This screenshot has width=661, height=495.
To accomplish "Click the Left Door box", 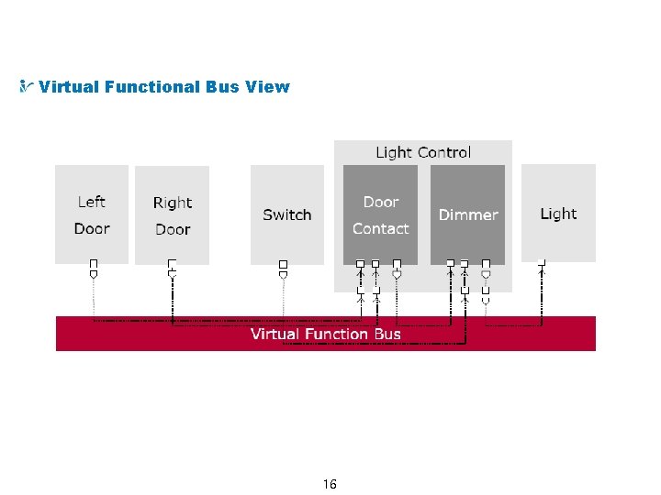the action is click(x=92, y=214).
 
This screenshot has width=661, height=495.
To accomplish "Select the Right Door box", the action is click(x=172, y=215).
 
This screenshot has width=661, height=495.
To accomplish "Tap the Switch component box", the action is click(x=287, y=214).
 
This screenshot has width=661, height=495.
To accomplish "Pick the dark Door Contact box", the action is click(x=380, y=214).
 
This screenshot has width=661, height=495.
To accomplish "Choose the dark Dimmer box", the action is click(x=467, y=214).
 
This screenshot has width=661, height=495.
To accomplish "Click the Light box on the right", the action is click(x=558, y=214).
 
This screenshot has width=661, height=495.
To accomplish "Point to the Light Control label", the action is click(x=423, y=152).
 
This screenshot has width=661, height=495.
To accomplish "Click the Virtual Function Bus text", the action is click(x=326, y=334).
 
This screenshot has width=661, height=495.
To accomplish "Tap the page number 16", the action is click(x=330, y=483).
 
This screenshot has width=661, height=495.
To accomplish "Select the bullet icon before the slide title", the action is click(x=27, y=87).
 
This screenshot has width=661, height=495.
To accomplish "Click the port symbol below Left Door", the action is click(x=93, y=268).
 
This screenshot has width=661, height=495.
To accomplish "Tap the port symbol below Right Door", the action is click(x=172, y=268).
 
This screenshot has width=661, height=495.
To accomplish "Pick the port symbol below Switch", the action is click(x=283, y=268).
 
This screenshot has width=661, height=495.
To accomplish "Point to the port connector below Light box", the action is click(x=542, y=267).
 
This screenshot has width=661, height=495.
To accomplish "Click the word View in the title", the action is click(x=268, y=87).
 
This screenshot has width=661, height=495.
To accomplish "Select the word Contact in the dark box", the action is click(x=380, y=228).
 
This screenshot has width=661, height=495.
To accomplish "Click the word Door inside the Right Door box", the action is click(x=173, y=229).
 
